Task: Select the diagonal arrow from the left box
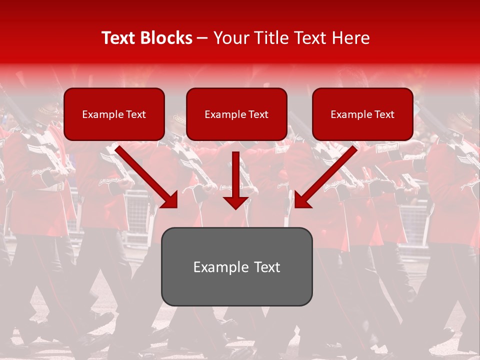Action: click(x=145, y=175)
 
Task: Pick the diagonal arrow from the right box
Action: click(x=327, y=175)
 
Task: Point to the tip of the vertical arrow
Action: click(x=236, y=207)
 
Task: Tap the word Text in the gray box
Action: click(x=267, y=267)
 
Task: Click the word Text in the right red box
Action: click(x=384, y=114)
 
